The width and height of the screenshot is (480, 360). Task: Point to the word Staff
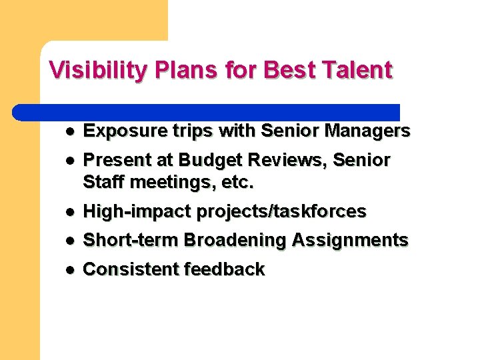pyautogui.click(x=102, y=181)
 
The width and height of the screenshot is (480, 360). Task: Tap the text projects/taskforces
pyautogui.click(x=281, y=211)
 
